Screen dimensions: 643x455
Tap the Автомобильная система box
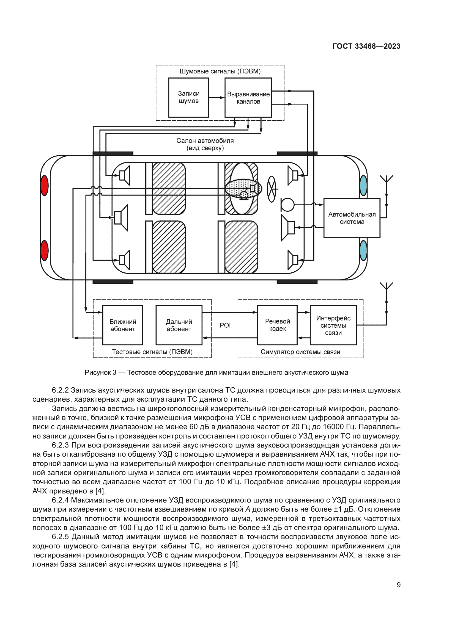pos(352,218)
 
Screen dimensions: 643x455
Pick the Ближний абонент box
pos(122,325)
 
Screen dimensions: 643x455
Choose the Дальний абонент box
pos(179,325)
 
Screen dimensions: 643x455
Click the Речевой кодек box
pos(277,325)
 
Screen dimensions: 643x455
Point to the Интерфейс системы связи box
pos(333,325)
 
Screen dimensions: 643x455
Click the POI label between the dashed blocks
pos(225,325)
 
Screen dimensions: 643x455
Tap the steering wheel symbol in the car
pos(272,189)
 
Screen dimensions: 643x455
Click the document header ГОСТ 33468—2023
pos(366,46)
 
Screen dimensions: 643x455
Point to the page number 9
pos(398,585)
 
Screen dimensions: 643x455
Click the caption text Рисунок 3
pos(100,372)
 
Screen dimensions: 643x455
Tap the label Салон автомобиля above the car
pos(205,140)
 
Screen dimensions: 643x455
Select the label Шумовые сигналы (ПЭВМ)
pos(220,71)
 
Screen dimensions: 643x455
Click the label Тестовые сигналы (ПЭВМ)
pos(152,352)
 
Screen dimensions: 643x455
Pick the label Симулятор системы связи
pos(300,352)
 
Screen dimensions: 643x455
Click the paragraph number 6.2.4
pos(60,500)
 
